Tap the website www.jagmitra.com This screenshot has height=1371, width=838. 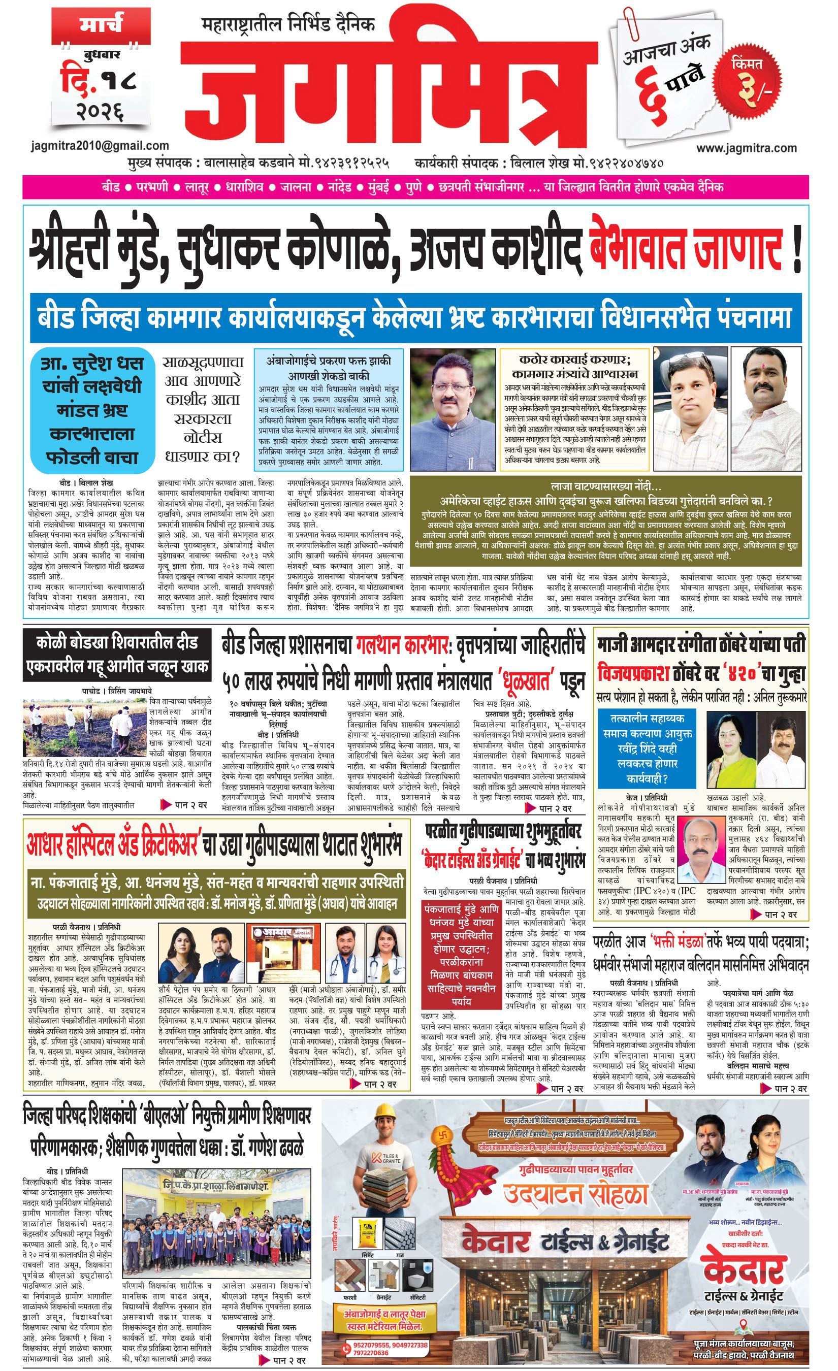point(746,148)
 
